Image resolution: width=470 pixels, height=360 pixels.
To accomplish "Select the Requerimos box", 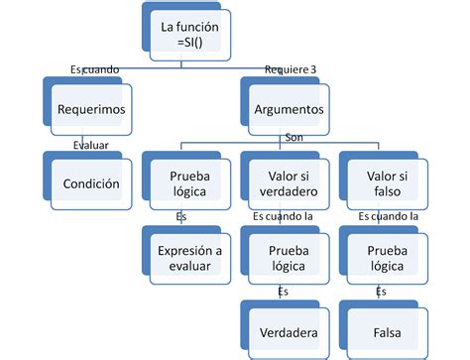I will tap(91, 109).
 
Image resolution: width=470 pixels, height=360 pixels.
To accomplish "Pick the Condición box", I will tap(91, 183).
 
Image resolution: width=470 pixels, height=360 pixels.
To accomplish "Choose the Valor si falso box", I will tap(382, 183).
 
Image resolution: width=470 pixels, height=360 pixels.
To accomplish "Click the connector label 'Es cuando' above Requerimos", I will tap(95, 69).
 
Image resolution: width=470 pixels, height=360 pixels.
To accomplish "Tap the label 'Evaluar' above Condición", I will tap(91, 145).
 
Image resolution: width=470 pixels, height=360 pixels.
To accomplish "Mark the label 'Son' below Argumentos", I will tap(293, 138).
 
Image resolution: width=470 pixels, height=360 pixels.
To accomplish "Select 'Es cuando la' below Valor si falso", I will tap(388, 214).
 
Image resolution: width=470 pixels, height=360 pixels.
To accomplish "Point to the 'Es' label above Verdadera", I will tap(284, 292).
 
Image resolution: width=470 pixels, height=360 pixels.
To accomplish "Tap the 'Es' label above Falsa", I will tap(381, 292).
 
